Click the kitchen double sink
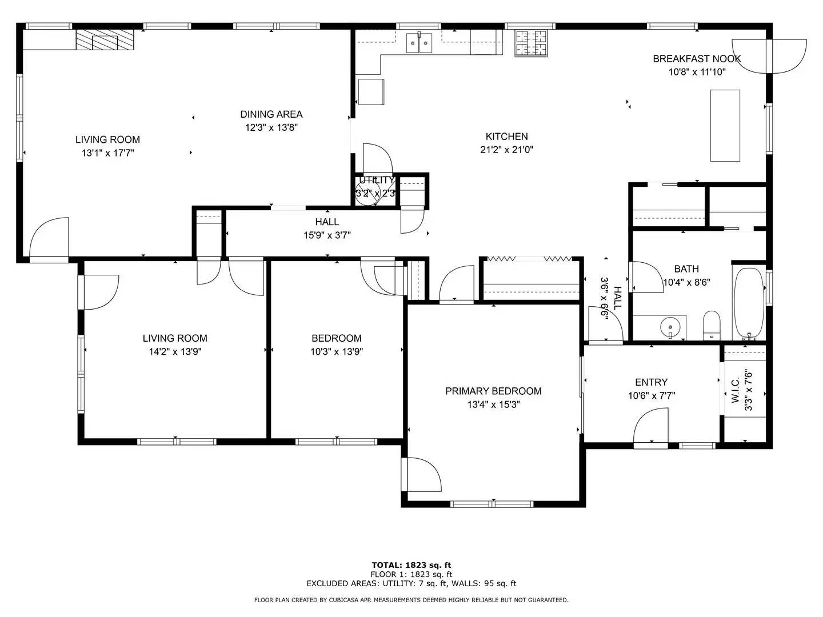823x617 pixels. point(419,43)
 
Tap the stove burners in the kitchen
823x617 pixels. point(531,43)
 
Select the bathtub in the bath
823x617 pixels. point(748,303)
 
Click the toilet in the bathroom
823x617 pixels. point(712,325)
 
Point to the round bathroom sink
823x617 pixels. point(670,327)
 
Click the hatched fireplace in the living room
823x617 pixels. point(105,40)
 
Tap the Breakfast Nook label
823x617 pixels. point(697,59)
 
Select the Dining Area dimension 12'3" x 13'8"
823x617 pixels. point(271,128)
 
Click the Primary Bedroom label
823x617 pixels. point(493,391)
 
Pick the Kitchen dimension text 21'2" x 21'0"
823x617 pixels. point(506,150)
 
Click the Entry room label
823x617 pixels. point(652,382)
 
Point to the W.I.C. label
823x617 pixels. point(735,390)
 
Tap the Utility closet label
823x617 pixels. point(377,180)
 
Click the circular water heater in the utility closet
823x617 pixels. point(367,194)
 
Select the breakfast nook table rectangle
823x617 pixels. point(725,126)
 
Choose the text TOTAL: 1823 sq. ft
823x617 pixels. point(411,565)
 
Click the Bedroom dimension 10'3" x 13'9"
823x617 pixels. point(337,352)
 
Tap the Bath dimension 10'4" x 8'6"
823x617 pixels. point(686,282)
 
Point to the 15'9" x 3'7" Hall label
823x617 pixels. point(327,235)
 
